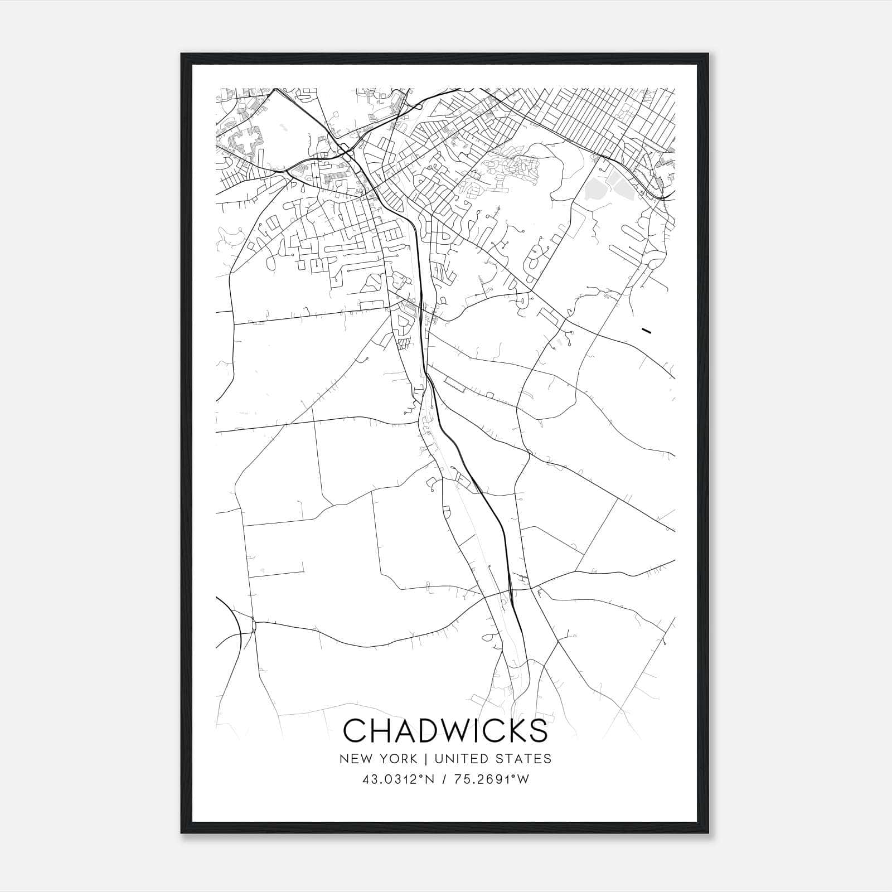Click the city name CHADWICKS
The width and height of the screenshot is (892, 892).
pos(445,731)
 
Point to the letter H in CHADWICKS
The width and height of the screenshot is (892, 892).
pos(377,731)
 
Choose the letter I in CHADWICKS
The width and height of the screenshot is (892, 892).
pos(472,731)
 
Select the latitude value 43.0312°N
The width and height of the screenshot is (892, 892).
pos(397,779)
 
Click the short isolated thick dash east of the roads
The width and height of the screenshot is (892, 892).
pos(647,331)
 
